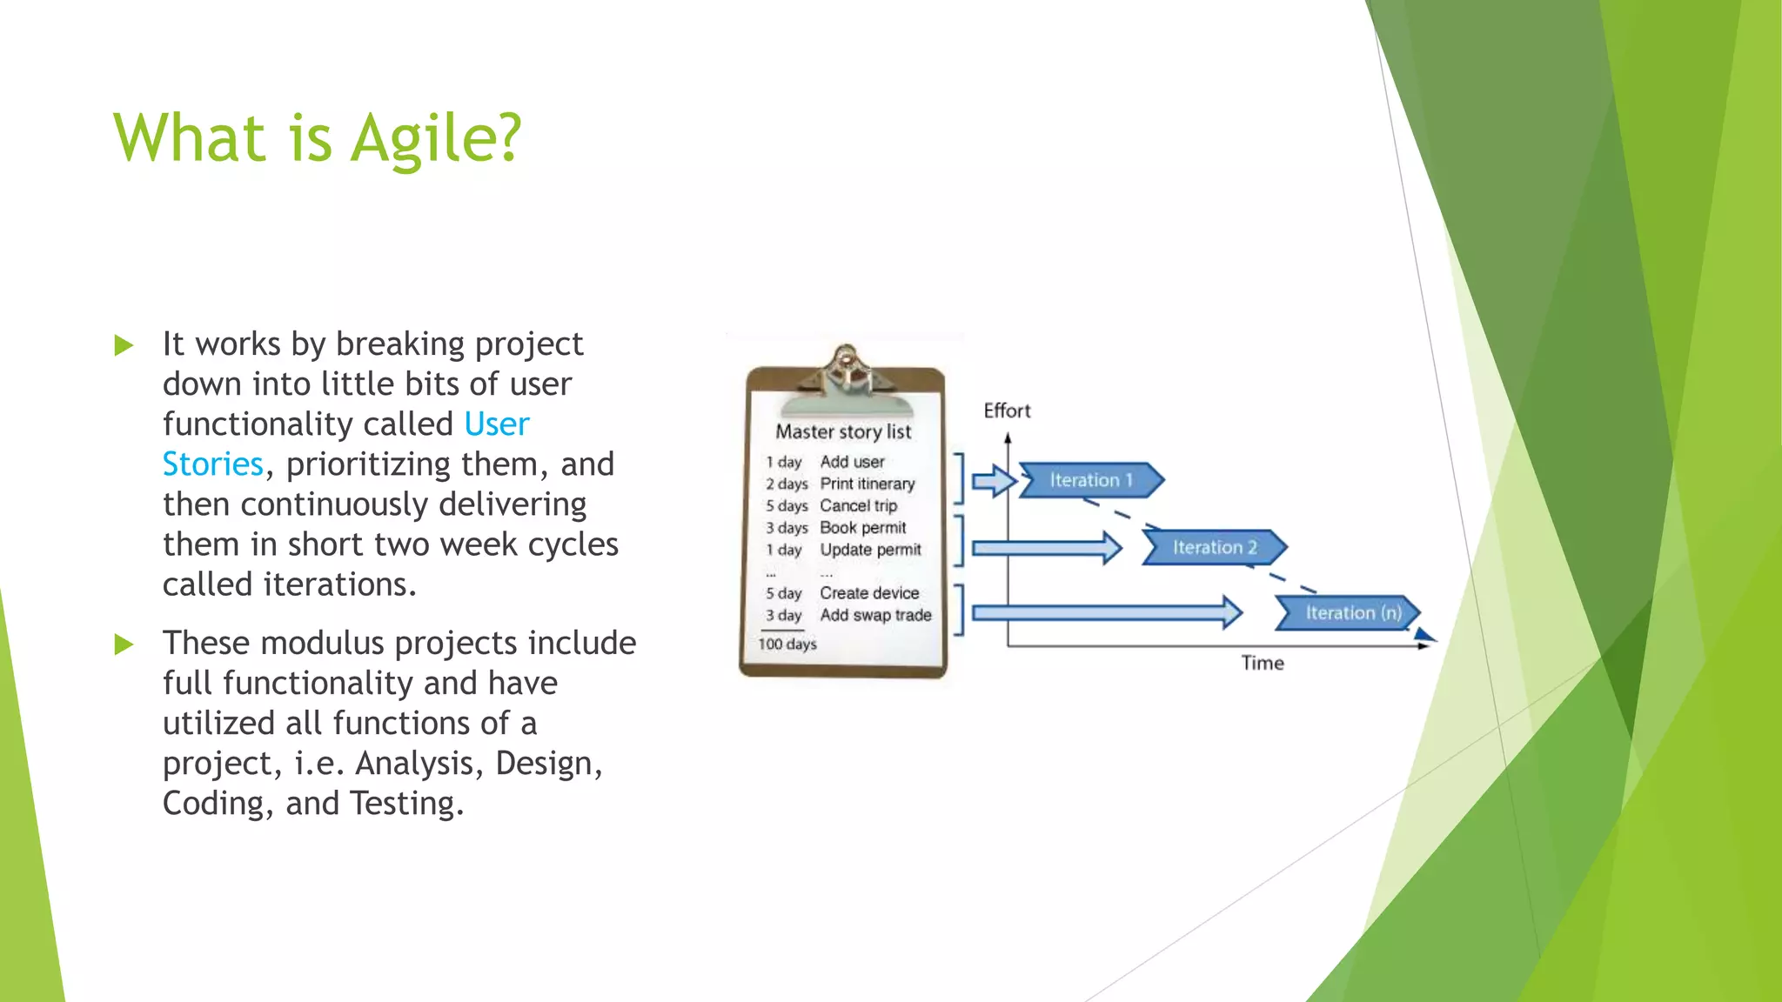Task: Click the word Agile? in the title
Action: click(x=436, y=139)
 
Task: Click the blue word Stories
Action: click(x=212, y=464)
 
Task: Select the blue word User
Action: click(x=496, y=424)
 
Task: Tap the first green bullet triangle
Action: click(x=124, y=346)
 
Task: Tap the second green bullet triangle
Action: click(x=124, y=645)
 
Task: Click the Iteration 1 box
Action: click(x=1091, y=480)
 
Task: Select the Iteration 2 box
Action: click(x=1215, y=547)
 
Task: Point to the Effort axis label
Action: click(x=1007, y=411)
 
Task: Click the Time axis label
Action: click(x=1262, y=663)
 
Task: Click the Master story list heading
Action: click(x=843, y=431)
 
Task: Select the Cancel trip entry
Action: click(x=858, y=505)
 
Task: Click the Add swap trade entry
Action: click(x=875, y=615)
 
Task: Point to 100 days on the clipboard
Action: click(x=787, y=644)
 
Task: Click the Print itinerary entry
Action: click(x=868, y=484)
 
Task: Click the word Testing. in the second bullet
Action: click(x=406, y=804)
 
